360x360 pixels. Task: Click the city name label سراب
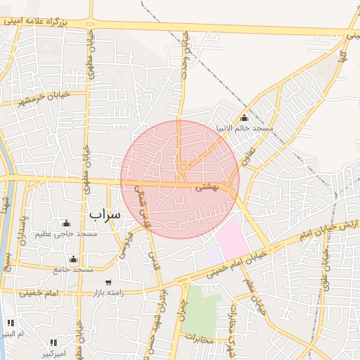105,213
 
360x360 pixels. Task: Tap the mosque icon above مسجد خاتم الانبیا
244,117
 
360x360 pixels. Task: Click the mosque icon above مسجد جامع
74,258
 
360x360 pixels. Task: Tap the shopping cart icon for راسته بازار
108,282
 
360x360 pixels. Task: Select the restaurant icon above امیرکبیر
52,337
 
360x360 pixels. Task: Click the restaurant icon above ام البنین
10,322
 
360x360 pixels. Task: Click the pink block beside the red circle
232,236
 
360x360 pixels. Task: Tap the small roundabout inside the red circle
183,167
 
